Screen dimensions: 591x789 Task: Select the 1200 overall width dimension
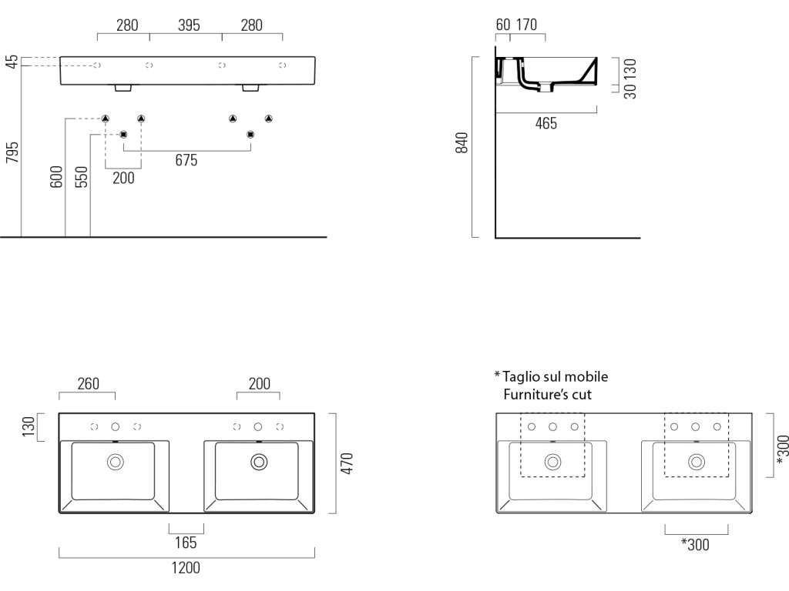pos(185,569)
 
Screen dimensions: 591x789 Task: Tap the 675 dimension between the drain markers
pos(186,160)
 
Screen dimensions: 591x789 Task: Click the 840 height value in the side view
pos(462,144)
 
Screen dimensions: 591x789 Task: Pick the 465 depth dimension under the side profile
pos(546,123)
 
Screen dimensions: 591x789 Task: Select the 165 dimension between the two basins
pos(186,543)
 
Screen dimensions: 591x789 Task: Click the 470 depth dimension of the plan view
pos(347,463)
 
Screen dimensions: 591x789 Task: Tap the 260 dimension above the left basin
pos(88,383)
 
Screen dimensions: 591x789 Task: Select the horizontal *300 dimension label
pos(695,545)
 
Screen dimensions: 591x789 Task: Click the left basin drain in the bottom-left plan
pos(116,462)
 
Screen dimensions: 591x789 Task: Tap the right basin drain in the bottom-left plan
pos(258,462)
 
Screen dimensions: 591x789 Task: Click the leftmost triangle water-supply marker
pos(106,119)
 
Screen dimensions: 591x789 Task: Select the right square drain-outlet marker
pos(250,135)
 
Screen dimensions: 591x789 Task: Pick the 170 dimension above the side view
pos(525,25)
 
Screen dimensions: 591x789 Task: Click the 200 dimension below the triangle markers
pos(123,178)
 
